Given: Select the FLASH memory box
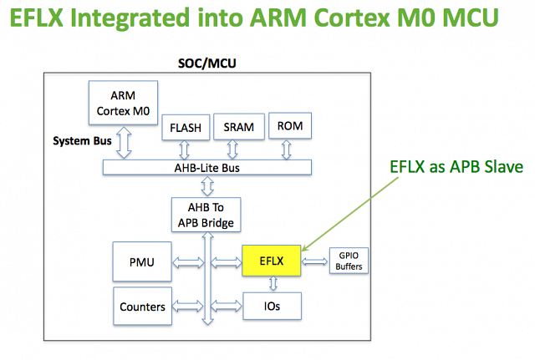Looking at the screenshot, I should [x=184, y=128].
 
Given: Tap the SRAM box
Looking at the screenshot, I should [x=238, y=127].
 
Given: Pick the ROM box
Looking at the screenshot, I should [x=287, y=127].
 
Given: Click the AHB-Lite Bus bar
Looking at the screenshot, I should [x=210, y=167].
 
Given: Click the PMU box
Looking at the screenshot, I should [x=140, y=261].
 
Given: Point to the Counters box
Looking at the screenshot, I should [x=140, y=306].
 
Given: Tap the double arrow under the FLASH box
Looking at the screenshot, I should [x=184, y=150].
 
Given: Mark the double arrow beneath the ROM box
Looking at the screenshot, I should [x=287, y=149].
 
